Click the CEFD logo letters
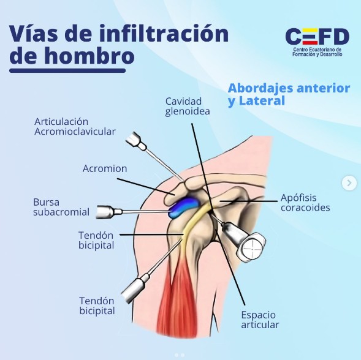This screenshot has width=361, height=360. tap(317, 36)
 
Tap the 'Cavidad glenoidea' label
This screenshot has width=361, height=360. tap(188, 107)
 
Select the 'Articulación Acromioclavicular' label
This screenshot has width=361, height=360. tap(75, 127)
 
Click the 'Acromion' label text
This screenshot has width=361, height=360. tap(105, 168)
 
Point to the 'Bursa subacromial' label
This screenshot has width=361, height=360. tap(61, 207)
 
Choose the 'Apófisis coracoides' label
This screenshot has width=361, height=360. tap(305, 203)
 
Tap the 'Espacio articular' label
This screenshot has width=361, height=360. tap(260, 320)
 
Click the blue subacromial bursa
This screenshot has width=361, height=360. tap(183, 206)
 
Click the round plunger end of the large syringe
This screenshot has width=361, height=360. tap(252, 248)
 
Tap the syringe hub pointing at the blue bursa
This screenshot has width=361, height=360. tap(108, 212)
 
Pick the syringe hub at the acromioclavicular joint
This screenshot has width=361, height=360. tap(136, 141)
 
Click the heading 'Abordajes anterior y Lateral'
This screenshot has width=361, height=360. tap(289, 94)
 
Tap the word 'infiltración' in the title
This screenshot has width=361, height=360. tap(164, 34)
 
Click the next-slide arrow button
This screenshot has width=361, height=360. tap(349, 183)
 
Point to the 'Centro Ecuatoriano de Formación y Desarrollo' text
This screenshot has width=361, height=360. tap(317, 52)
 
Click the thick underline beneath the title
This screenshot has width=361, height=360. tap(67, 70)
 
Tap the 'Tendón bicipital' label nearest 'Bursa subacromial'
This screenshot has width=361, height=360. tap(96, 240)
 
